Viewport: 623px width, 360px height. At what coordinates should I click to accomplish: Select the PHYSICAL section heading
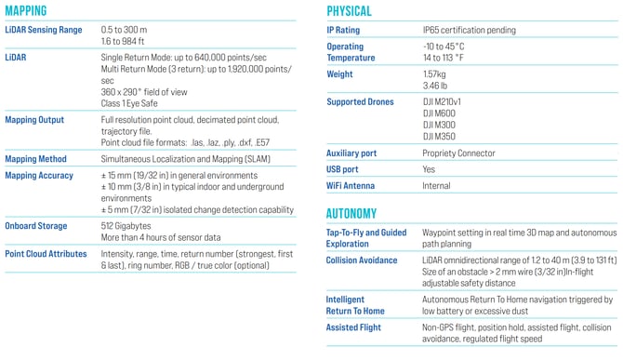349,11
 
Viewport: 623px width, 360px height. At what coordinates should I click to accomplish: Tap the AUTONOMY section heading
351,213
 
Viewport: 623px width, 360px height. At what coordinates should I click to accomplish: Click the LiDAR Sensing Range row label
43,30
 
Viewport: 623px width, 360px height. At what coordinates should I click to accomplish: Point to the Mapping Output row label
36,120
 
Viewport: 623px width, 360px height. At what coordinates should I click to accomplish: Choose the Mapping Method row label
36,159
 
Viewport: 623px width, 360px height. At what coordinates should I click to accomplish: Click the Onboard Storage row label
37,225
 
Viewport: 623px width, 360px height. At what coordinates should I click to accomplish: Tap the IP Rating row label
344,30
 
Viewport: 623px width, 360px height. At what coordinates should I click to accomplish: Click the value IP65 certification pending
469,30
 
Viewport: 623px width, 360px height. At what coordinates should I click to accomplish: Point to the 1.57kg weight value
435,73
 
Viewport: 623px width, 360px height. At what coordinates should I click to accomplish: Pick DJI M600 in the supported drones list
439,113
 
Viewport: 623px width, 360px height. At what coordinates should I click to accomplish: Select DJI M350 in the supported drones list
439,136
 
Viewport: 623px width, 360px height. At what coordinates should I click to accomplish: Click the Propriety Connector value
458,153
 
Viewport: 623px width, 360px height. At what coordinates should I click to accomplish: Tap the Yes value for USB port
429,169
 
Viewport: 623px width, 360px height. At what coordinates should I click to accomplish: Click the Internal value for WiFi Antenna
436,186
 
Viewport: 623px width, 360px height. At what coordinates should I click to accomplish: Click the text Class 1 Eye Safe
133,103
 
